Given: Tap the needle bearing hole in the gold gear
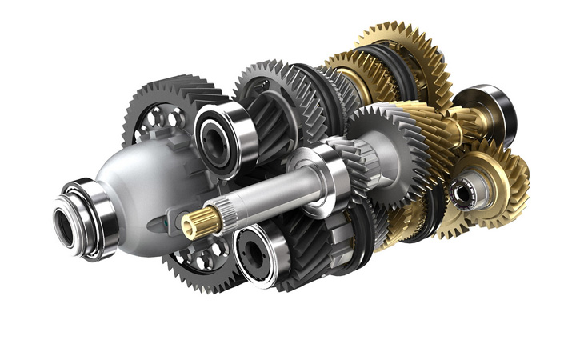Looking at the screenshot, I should click(x=462, y=193).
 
